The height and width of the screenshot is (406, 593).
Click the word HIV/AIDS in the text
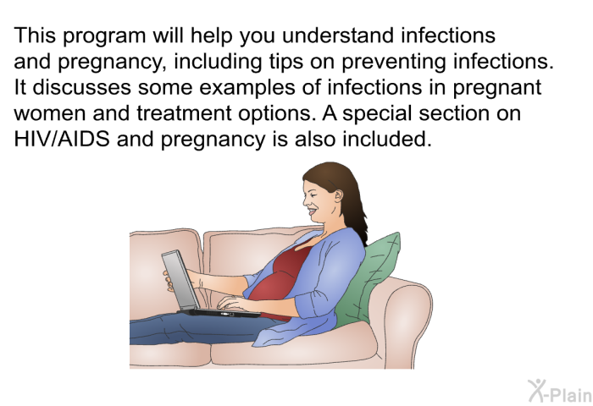(62, 139)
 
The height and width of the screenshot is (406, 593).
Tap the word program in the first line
(104, 36)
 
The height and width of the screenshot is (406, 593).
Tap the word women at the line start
(49, 114)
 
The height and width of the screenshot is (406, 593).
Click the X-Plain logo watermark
(560, 391)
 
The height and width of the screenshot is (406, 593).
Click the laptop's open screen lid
(180, 280)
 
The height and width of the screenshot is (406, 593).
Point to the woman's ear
(339, 195)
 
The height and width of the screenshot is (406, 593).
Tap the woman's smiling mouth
(313, 211)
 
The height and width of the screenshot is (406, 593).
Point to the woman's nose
(306, 201)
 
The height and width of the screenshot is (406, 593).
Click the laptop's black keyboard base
(219, 313)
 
